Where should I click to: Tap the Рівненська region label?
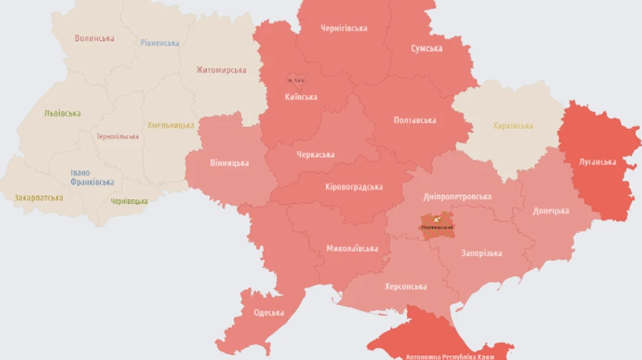point(160,43)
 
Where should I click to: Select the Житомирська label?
point(221,70)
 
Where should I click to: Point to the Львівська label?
point(62,113)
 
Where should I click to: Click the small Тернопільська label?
point(118,136)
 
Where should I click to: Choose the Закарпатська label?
point(39,197)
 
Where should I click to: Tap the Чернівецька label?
point(129,201)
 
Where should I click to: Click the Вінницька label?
point(230,163)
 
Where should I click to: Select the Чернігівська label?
point(344,29)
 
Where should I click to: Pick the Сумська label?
point(427,48)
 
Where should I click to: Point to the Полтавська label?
point(414,120)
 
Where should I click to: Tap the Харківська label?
point(513,126)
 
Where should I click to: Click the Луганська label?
point(597,162)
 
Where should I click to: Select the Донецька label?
point(551,211)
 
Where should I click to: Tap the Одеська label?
point(269,313)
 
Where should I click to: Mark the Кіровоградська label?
point(354,187)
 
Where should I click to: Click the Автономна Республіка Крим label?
point(449,356)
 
